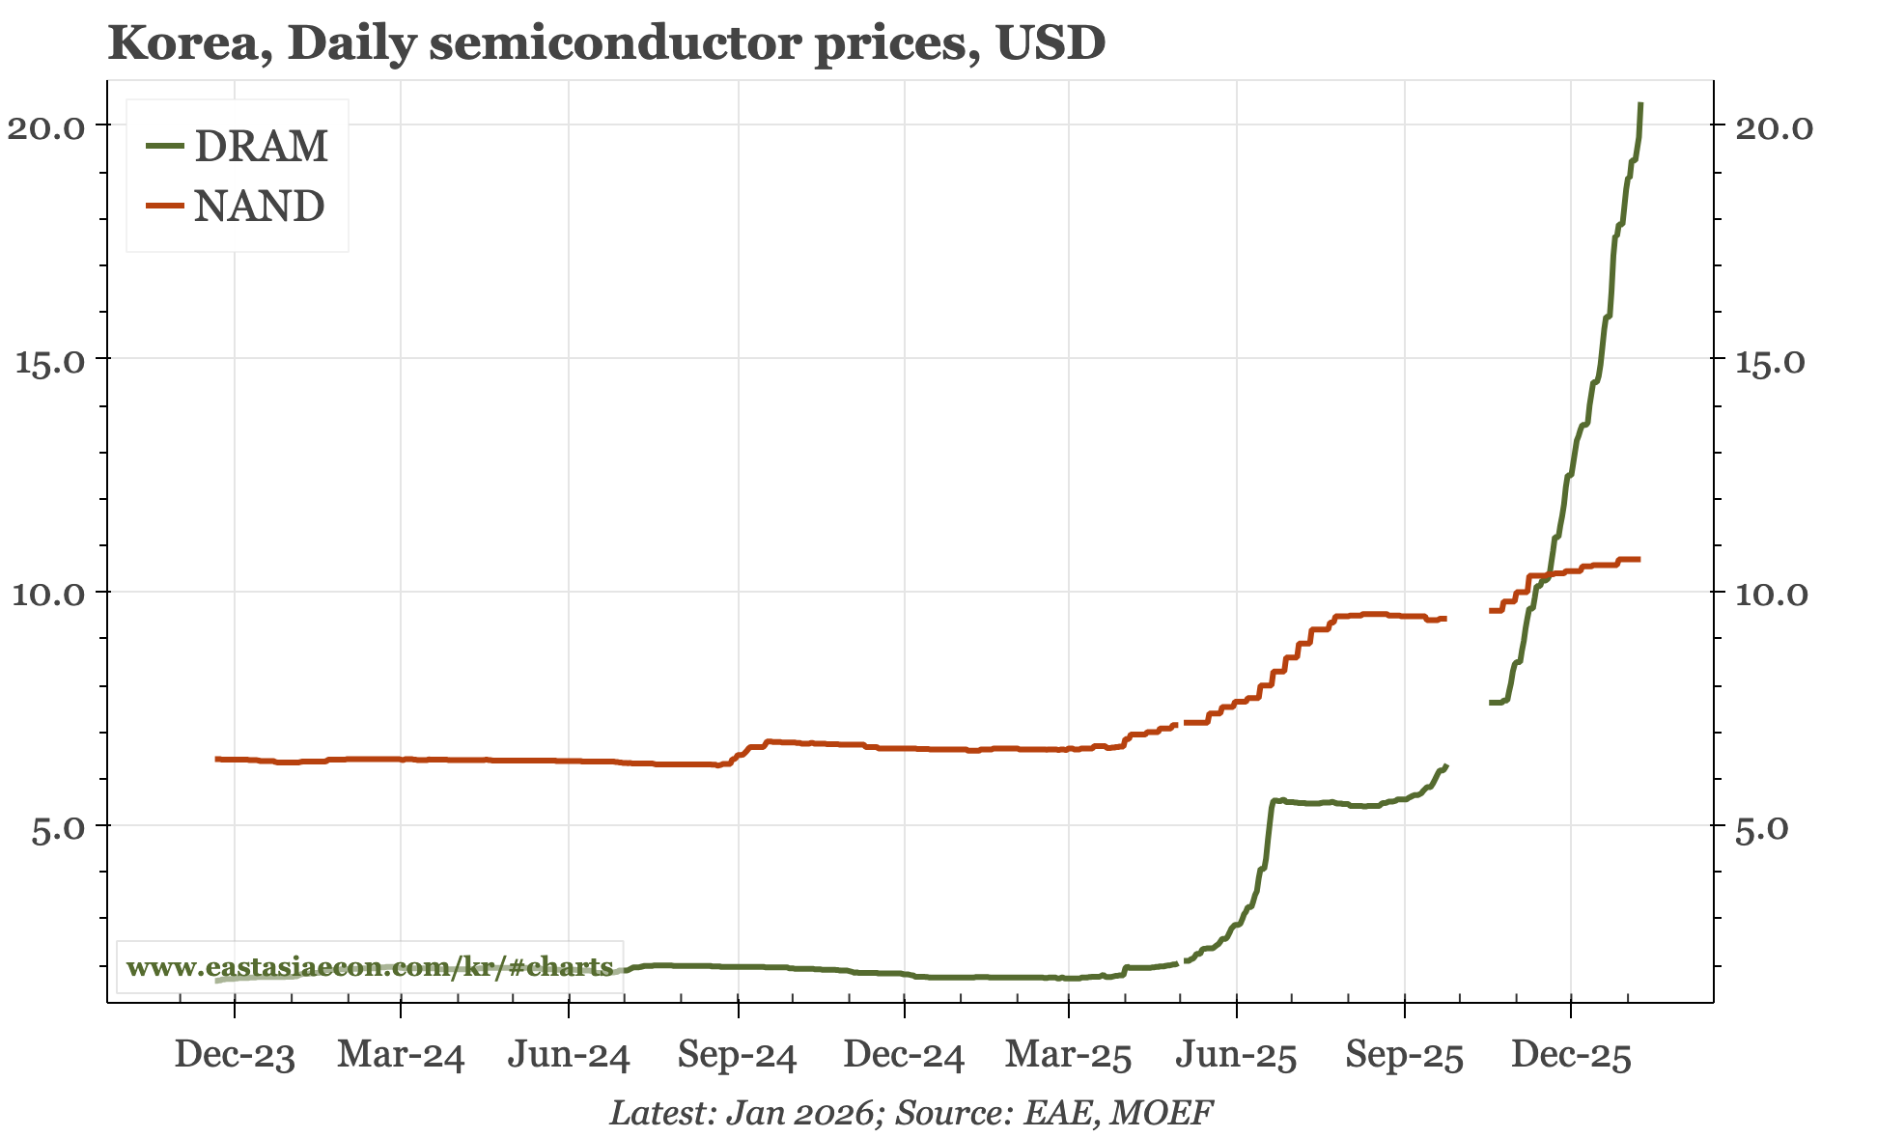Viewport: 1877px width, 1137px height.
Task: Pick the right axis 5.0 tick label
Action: point(1763,828)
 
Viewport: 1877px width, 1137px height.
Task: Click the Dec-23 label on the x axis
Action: point(235,1056)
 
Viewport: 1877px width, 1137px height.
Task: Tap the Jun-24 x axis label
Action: point(569,1056)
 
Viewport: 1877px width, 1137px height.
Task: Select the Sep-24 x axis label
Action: point(737,1056)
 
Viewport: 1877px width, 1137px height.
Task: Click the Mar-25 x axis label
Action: point(1068,1056)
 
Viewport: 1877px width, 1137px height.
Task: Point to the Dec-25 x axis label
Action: point(1571,1056)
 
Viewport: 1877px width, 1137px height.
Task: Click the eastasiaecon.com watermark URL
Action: point(370,966)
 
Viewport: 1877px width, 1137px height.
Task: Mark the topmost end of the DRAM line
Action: point(1640,104)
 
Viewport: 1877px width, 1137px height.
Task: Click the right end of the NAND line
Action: point(1639,560)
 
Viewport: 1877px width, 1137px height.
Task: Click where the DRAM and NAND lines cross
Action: point(1548,575)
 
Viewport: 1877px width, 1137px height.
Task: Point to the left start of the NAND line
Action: point(216,759)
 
